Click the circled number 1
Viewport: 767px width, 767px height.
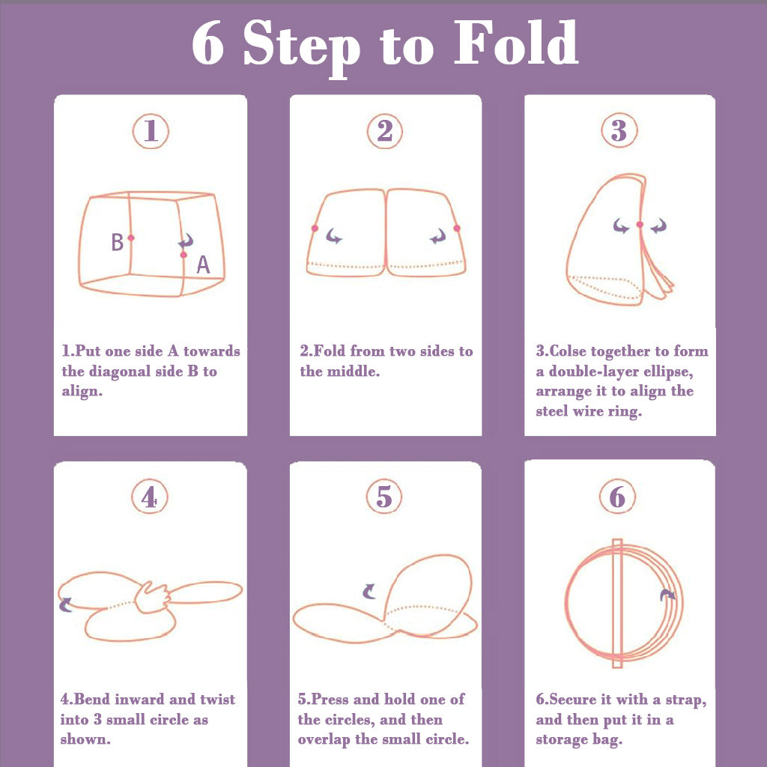pos(151,131)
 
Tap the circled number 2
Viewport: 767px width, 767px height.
pos(385,131)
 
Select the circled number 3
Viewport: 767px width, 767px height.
pos(619,130)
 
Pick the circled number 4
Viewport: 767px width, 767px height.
pos(150,497)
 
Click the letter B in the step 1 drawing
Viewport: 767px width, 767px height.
pos(118,242)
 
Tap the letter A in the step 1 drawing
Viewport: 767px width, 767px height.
pos(203,264)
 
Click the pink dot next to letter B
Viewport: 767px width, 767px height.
pos(131,237)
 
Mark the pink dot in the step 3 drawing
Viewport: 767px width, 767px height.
pos(640,225)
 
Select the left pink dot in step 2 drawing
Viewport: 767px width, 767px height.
pos(315,228)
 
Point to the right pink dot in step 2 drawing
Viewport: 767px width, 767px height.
pos(457,228)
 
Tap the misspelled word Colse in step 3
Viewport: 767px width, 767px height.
pos(569,351)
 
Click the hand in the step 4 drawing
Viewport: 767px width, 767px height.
pos(152,597)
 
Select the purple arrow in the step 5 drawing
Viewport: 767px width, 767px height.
pos(369,592)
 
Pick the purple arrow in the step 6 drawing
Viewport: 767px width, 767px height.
pos(667,595)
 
